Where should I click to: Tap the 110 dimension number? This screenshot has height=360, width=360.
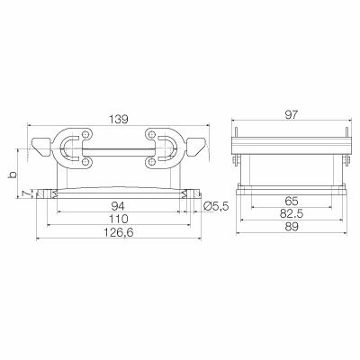[x=117, y=220]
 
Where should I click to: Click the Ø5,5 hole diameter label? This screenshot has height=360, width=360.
[x=217, y=207]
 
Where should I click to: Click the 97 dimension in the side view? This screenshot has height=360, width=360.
[x=290, y=116]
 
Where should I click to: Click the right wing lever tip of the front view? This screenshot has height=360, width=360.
[x=198, y=146]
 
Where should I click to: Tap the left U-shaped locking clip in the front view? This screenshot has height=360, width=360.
[x=72, y=149]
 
